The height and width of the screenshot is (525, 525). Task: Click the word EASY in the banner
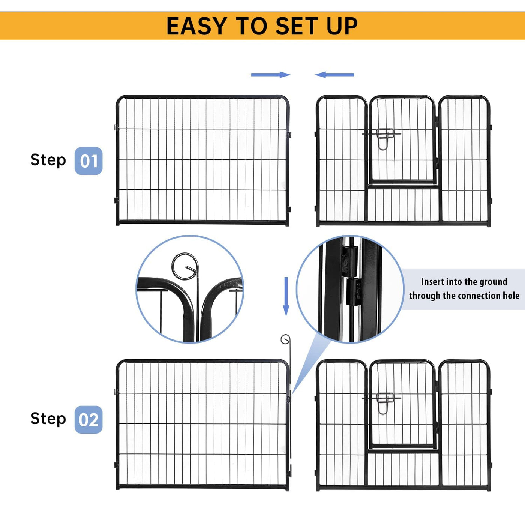197,26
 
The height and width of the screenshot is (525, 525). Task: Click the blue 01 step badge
88,161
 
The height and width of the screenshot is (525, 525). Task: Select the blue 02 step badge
88,420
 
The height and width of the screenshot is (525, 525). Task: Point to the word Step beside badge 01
48,160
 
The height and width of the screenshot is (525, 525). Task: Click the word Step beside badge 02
48,419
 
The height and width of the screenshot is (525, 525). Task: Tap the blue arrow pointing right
271,75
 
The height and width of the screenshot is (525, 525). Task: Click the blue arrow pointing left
334,75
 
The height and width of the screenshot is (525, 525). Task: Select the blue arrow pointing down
286,296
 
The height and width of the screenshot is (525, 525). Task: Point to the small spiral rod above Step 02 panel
285,339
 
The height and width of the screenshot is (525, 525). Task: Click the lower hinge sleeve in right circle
354,291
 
